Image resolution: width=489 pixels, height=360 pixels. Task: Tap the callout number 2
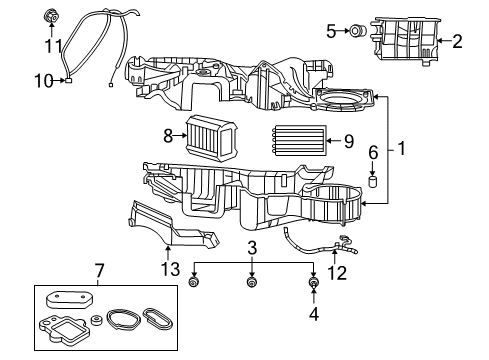pyautogui.click(x=456, y=41)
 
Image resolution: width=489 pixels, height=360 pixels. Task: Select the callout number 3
pyautogui.click(x=253, y=247)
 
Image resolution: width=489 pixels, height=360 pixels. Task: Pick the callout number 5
pyautogui.click(x=331, y=31)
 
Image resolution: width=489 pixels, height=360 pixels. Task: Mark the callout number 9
pyautogui.click(x=348, y=141)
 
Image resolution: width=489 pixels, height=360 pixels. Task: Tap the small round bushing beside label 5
pyautogui.click(x=355, y=31)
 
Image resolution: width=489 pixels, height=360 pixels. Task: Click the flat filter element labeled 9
pyautogui.click(x=298, y=140)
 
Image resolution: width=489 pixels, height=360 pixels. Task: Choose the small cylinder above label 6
pyautogui.click(x=372, y=180)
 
